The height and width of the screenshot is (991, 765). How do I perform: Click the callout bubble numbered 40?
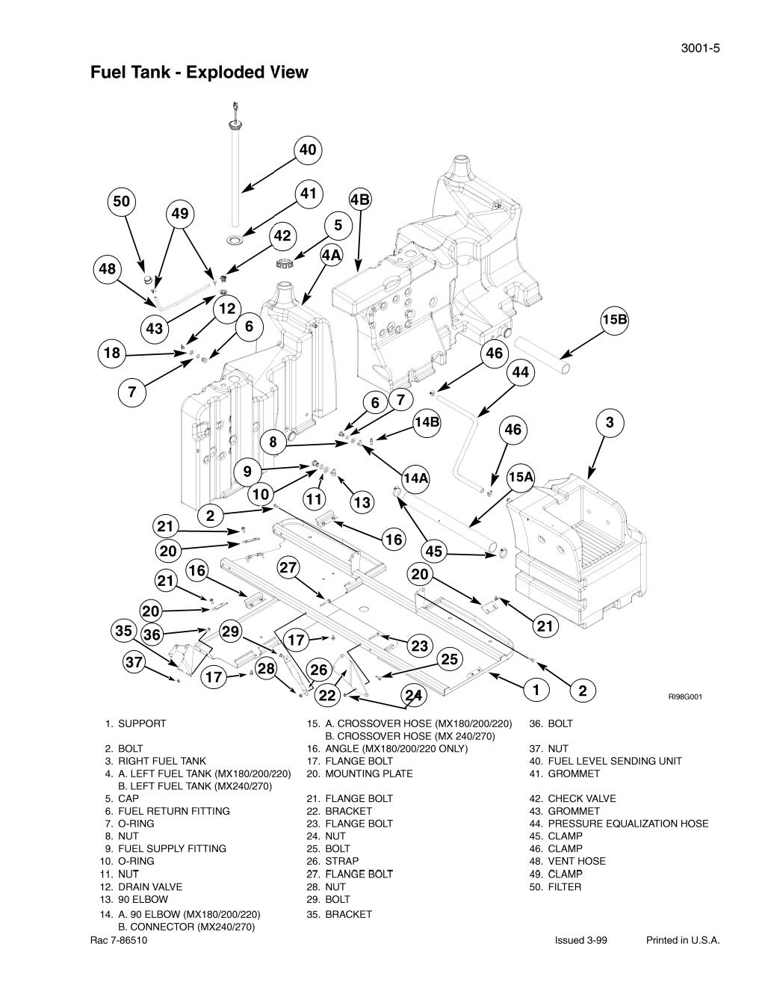(x=308, y=150)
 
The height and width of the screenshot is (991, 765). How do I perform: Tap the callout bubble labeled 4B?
(x=360, y=200)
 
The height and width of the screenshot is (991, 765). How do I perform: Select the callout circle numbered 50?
(x=121, y=201)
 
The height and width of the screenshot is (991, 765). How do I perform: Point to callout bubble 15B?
(x=614, y=320)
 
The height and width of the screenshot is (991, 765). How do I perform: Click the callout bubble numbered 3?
(x=610, y=423)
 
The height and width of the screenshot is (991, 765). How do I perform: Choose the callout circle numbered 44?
(x=520, y=372)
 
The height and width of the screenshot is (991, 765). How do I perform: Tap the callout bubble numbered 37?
(x=134, y=662)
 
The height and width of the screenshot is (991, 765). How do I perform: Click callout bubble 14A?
(x=415, y=478)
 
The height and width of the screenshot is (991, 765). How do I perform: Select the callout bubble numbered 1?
(x=536, y=690)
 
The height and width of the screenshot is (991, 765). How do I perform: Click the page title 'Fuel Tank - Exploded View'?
(x=199, y=72)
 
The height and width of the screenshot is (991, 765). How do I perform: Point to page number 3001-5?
(x=699, y=49)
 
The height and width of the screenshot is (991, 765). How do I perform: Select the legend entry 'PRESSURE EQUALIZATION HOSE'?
(x=628, y=824)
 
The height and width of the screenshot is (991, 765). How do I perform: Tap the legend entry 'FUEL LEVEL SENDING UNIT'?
(x=614, y=761)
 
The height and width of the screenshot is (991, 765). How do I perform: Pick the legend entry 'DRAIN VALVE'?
(x=149, y=886)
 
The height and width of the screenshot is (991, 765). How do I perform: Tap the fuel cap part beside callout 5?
(x=285, y=263)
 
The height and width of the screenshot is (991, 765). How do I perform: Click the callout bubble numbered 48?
(x=108, y=269)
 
